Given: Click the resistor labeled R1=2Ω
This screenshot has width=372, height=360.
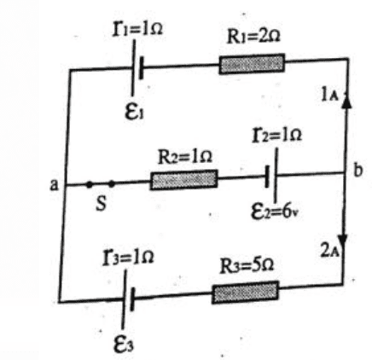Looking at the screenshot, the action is click(x=252, y=64).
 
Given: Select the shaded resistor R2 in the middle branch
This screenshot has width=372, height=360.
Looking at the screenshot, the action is click(x=184, y=180).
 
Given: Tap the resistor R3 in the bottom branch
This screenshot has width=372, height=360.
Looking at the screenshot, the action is click(x=245, y=293).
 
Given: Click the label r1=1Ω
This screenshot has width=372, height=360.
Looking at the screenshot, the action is click(x=137, y=29).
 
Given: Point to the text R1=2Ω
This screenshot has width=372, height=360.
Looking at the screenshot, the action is click(x=253, y=37).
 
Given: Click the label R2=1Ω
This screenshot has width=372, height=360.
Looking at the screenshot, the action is click(x=185, y=157).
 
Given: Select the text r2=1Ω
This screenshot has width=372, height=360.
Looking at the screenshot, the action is click(x=277, y=135).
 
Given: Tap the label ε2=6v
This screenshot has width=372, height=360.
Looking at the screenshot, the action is click(x=275, y=212).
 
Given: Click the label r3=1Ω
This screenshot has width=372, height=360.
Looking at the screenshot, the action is click(x=129, y=258).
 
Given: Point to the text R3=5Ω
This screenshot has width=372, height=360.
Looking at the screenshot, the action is click(x=247, y=267).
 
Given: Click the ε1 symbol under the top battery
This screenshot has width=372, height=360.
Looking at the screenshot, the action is click(x=134, y=112).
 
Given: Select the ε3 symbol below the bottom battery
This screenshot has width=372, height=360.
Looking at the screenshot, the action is click(x=124, y=345).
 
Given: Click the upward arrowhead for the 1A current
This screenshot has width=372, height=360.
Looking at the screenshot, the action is click(x=346, y=102).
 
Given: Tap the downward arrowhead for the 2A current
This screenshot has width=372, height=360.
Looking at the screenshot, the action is click(x=344, y=241).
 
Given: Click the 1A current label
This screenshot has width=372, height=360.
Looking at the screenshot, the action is click(x=329, y=95).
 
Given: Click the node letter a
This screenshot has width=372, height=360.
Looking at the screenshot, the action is click(x=54, y=185).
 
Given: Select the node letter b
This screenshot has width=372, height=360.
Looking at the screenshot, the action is click(x=357, y=171).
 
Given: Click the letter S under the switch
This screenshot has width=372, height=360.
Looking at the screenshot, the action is click(x=101, y=204).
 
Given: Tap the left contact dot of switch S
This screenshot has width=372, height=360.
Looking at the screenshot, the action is click(x=89, y=185).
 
